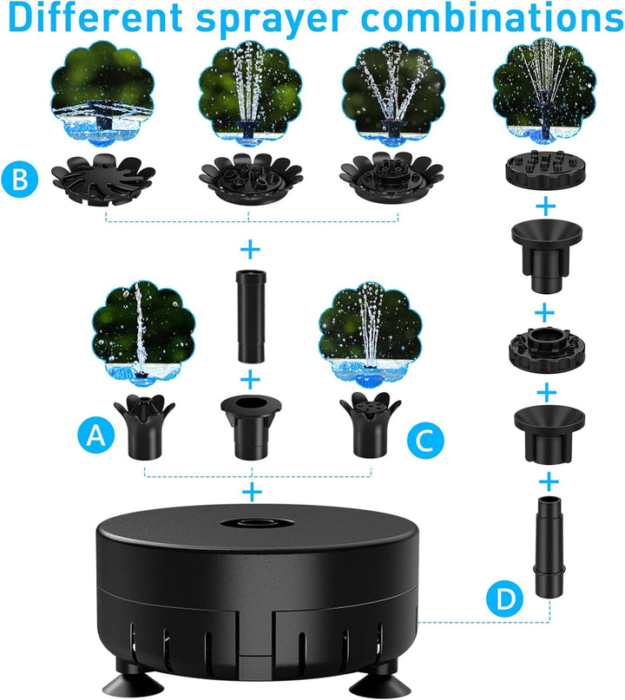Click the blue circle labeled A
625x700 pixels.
tap(96, 435)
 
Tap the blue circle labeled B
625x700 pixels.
tap(20, 180)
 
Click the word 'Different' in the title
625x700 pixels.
tap(95, 17)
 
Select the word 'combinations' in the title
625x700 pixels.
tap(491, 17)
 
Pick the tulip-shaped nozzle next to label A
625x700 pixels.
tap(144, 427)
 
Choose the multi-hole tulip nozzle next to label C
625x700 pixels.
tap(371, 425)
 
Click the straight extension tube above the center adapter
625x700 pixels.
tap(250, 317)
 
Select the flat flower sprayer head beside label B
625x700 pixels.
tap(103, 180)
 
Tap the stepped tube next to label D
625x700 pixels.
tap(549, 547)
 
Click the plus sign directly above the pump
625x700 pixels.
tap(252, 492)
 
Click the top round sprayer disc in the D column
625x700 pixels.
tap(545, 171)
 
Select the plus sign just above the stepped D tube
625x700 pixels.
tap(549, 482)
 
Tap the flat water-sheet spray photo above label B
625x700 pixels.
tap(102, 94)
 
